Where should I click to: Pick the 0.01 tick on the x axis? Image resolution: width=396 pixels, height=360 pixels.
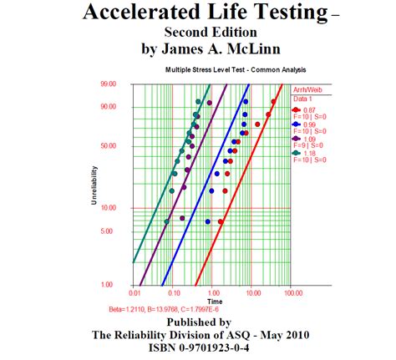point(134,293)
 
